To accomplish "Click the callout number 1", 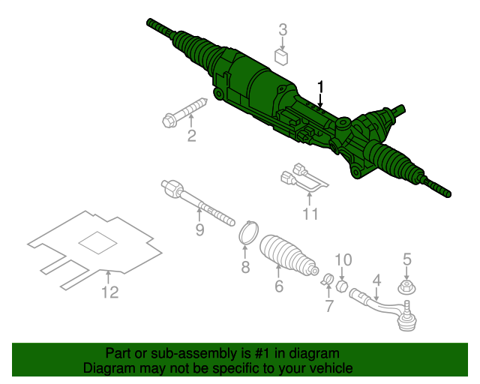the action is [320, 87].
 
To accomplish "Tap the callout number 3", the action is [283, 30].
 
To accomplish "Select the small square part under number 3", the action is [281, 58].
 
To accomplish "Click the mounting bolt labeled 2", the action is [184, 112].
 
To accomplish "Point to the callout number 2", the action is [192, 135].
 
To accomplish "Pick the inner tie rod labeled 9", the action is [197, 202].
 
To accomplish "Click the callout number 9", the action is [199, 229].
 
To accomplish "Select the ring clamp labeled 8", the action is [248, 232].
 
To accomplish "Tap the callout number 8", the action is [245, 267].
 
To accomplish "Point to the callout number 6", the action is [279, 286].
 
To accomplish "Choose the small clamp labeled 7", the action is [327, 279].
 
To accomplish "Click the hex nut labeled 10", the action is [341, 286].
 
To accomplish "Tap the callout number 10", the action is [343, 260].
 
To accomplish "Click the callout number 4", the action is [376, 280].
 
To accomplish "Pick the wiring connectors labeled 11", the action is [304, 178].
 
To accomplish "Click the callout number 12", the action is [110, 292].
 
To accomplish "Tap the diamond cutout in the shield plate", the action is [98, 242].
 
